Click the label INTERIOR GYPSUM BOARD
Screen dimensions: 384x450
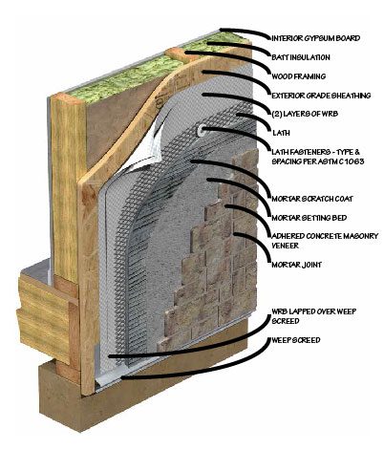315,38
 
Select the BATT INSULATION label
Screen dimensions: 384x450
301,57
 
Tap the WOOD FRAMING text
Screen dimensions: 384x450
298,76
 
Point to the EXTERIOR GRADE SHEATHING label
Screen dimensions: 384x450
321,96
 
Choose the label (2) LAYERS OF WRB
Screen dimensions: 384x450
305,114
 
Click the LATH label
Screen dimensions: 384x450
281,133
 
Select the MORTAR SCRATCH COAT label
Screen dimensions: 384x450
312,199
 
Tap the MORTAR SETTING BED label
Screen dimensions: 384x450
309,218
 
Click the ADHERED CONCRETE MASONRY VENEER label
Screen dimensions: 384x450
325,241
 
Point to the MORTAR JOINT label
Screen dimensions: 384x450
296,265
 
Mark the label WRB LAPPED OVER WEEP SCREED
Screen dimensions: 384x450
313,315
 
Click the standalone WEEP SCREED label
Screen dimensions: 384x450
296,340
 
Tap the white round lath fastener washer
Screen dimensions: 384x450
202,130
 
